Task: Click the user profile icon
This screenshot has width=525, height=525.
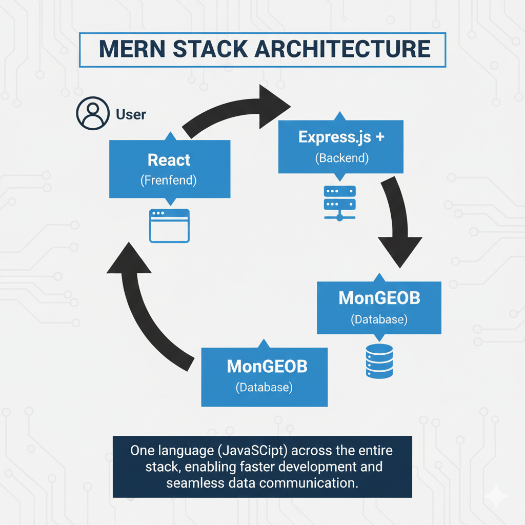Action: [x=93, y=113]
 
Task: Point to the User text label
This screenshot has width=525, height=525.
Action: [x=131, y=114]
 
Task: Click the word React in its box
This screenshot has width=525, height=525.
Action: [x=169, y=160]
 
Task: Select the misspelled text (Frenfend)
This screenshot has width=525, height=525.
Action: [x=169, y=180]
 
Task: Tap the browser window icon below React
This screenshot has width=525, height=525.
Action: [x=169, y=226]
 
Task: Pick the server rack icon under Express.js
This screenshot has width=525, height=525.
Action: [x=340, y=203]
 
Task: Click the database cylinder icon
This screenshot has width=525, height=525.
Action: [x=379, y=360]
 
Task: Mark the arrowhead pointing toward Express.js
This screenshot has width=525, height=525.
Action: [x=272, y=105]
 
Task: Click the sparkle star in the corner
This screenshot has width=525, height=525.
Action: [x=497, y=497]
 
